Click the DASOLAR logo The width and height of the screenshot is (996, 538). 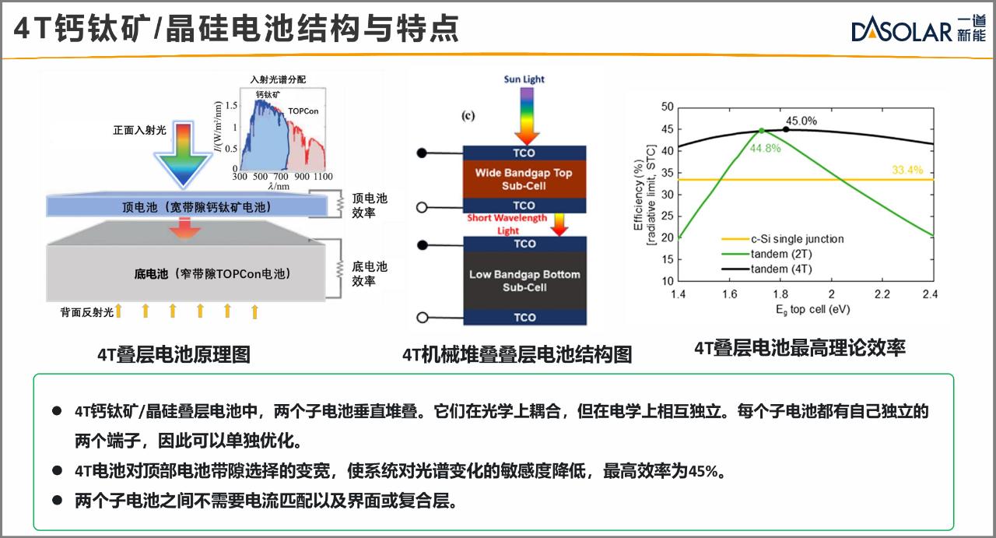(918, 29)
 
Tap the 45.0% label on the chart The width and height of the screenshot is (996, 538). (801, 121)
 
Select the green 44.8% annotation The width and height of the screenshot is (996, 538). (765, 148)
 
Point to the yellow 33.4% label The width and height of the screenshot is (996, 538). (907, 170)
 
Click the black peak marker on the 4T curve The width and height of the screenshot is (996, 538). (786, 129)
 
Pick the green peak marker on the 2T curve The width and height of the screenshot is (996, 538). (762, 131)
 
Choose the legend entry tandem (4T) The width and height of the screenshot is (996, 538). (767, 269)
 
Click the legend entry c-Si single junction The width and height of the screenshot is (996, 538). (783, 239)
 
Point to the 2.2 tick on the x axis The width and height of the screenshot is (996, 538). (882, 294)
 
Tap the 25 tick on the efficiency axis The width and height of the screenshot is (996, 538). (668, 216)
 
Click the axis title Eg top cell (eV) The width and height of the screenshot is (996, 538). (813, 310)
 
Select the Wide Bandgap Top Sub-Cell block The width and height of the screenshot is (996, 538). (524, 179)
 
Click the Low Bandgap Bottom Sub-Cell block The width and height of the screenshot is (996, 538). (524, 281)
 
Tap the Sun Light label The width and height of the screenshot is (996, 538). (524, 79)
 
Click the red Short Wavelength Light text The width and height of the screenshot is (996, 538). (507, 224)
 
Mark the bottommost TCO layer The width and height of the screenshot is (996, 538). (524, 318)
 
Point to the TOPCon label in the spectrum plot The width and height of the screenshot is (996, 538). (303, 111)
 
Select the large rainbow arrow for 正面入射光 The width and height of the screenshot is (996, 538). (183, 154)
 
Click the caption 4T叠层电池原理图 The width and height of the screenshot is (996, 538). (174, 355)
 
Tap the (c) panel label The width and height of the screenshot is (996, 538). (468, 116)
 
